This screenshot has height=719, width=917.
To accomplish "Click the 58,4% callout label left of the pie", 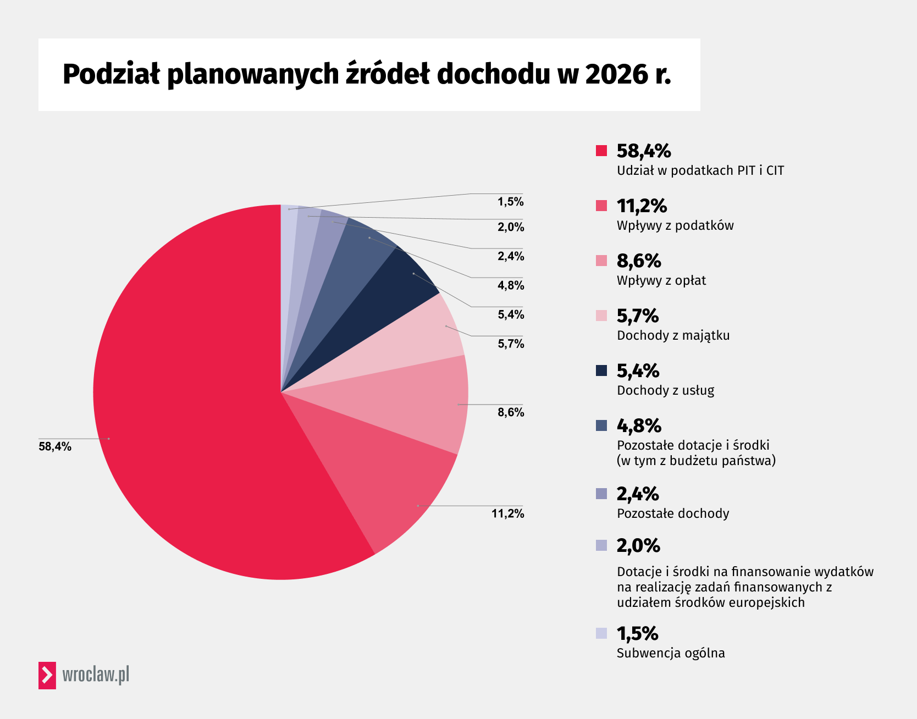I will click(x=55, y=446).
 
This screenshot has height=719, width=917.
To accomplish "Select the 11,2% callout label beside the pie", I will click(x=507, y=513).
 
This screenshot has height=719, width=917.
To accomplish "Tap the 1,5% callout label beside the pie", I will click(x=511, y=202).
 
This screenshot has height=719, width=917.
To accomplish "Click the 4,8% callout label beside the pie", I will click(x=511, y=285).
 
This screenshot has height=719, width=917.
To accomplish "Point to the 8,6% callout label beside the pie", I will click(x=511, y=412).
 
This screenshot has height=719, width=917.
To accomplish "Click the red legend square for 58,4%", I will click(x=601, y=151).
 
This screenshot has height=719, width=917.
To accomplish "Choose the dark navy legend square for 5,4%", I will click(x=601, y=370).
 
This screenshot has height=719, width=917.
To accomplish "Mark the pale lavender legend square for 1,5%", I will click(x=601, y=633).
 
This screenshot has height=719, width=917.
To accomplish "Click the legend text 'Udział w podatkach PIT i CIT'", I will click(x=700, y=170).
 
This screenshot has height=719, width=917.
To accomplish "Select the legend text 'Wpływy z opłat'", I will click(x=661, y=280).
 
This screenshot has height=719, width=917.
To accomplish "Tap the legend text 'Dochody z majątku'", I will click(x=673, y=335).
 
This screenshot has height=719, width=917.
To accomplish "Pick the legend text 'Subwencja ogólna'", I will click(x=670, y=653).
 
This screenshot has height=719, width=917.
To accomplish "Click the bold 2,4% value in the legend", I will click(x=638, y=494).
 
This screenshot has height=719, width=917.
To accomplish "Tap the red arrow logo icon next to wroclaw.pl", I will click(x=47, y=675).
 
